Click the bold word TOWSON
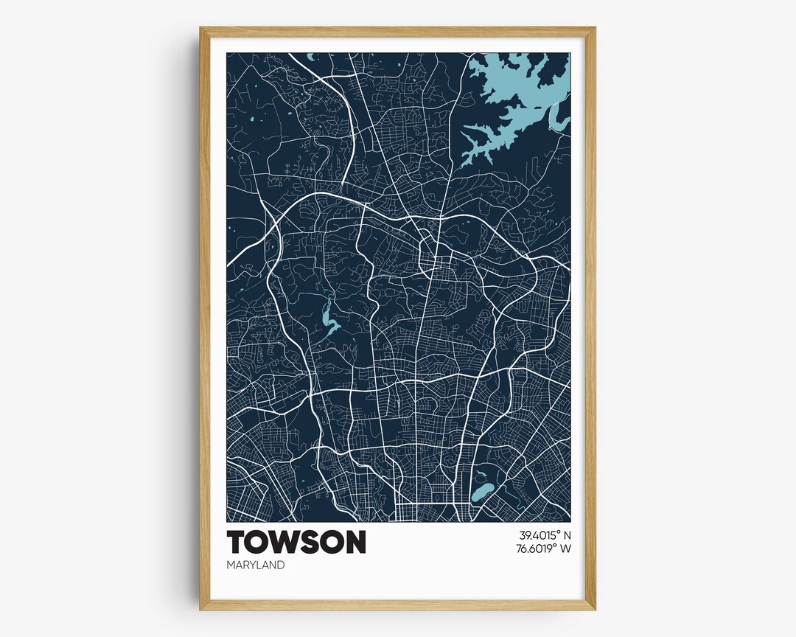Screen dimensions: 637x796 tap(296, 542)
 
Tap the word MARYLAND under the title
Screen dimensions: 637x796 tap(256, 565)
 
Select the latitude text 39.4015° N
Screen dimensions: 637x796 tap(534, 535)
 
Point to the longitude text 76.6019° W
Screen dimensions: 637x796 tap(534, 548)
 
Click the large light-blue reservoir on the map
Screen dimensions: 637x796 tap(516, 96)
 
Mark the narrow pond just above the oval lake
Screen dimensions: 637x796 tap(480, 475)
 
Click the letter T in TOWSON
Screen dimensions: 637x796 tap(237, 542)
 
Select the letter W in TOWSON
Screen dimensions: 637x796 tap(284, 542)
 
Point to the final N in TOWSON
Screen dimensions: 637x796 tap(355, 542)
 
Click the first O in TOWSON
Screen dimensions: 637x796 tap(259, 542)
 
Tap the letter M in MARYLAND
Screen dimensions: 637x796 tap(231, 565)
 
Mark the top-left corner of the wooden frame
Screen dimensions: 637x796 tap(201, 29)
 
